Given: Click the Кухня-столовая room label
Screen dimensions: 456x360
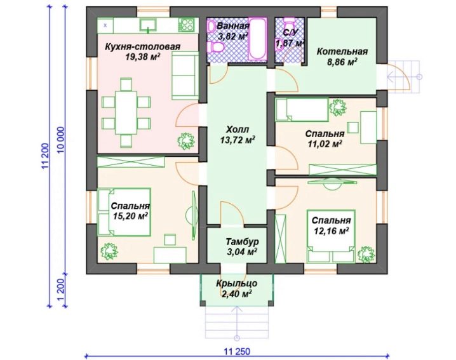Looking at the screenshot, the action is [142, 46].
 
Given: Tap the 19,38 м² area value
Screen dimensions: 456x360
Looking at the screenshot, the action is [143, 57].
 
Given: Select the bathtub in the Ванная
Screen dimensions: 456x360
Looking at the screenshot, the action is [258, 39].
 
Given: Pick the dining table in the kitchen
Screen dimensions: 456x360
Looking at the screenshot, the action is [126, 112].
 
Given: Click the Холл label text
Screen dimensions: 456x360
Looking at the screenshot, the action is [238, 129].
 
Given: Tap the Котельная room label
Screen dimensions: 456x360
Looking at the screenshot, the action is [342, 51].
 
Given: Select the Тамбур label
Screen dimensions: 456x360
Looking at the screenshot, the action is [242, 242].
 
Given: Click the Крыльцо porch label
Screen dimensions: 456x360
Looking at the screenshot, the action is [236, 283].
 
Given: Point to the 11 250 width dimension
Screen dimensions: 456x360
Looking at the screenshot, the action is [237, 351].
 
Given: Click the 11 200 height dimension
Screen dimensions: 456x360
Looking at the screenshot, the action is [44, 156].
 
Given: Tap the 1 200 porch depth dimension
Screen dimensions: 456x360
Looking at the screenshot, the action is [60, 291].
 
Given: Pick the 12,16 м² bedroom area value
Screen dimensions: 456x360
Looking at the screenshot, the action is [332, 231].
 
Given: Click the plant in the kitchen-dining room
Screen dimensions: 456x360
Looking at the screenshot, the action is [186, 142].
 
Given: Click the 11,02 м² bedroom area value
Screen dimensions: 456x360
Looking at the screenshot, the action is [325, 143].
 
